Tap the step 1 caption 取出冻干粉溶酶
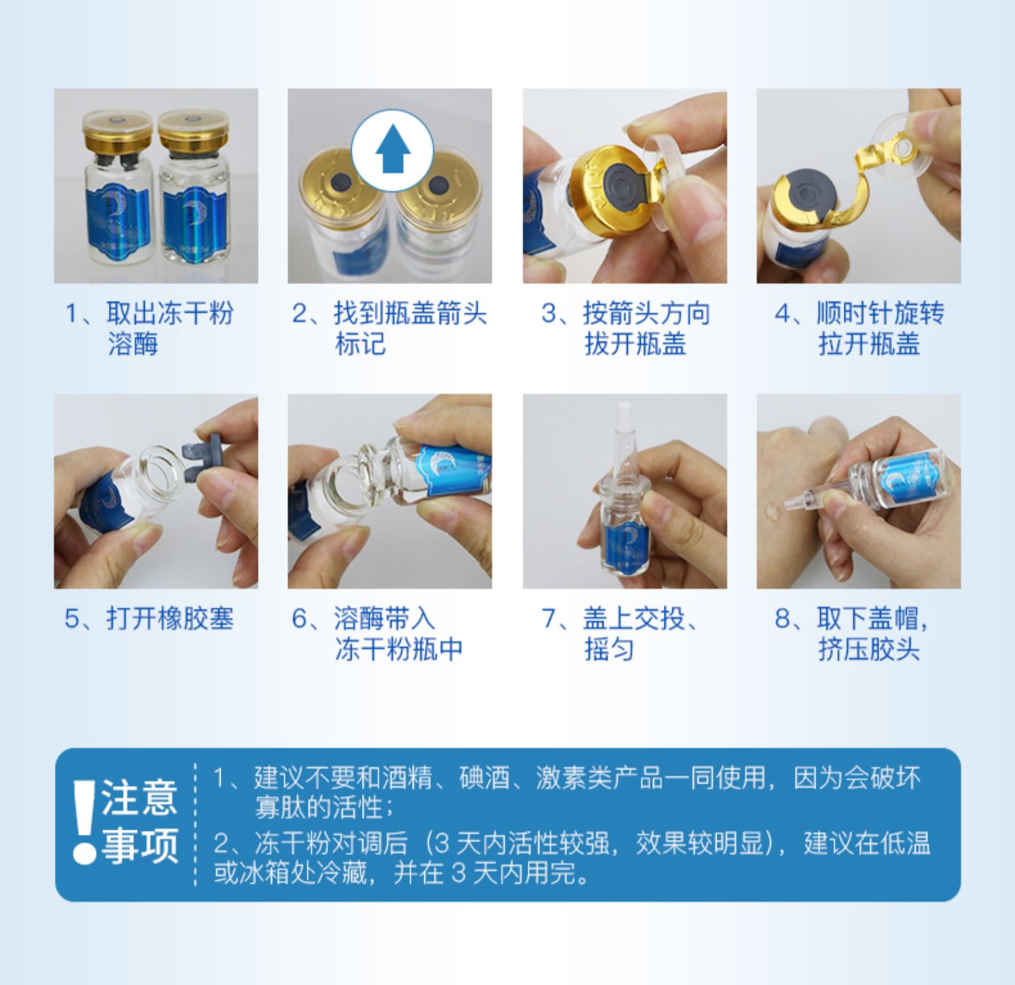click(149, 328)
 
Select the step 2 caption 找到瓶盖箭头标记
click(390, 328)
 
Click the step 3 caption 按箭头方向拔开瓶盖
click(625, 328)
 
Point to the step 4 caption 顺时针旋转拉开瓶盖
click(859, 328)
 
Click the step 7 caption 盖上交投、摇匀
click(620, 634)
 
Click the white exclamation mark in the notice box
click(85, 821)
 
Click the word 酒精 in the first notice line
click(407, 779)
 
